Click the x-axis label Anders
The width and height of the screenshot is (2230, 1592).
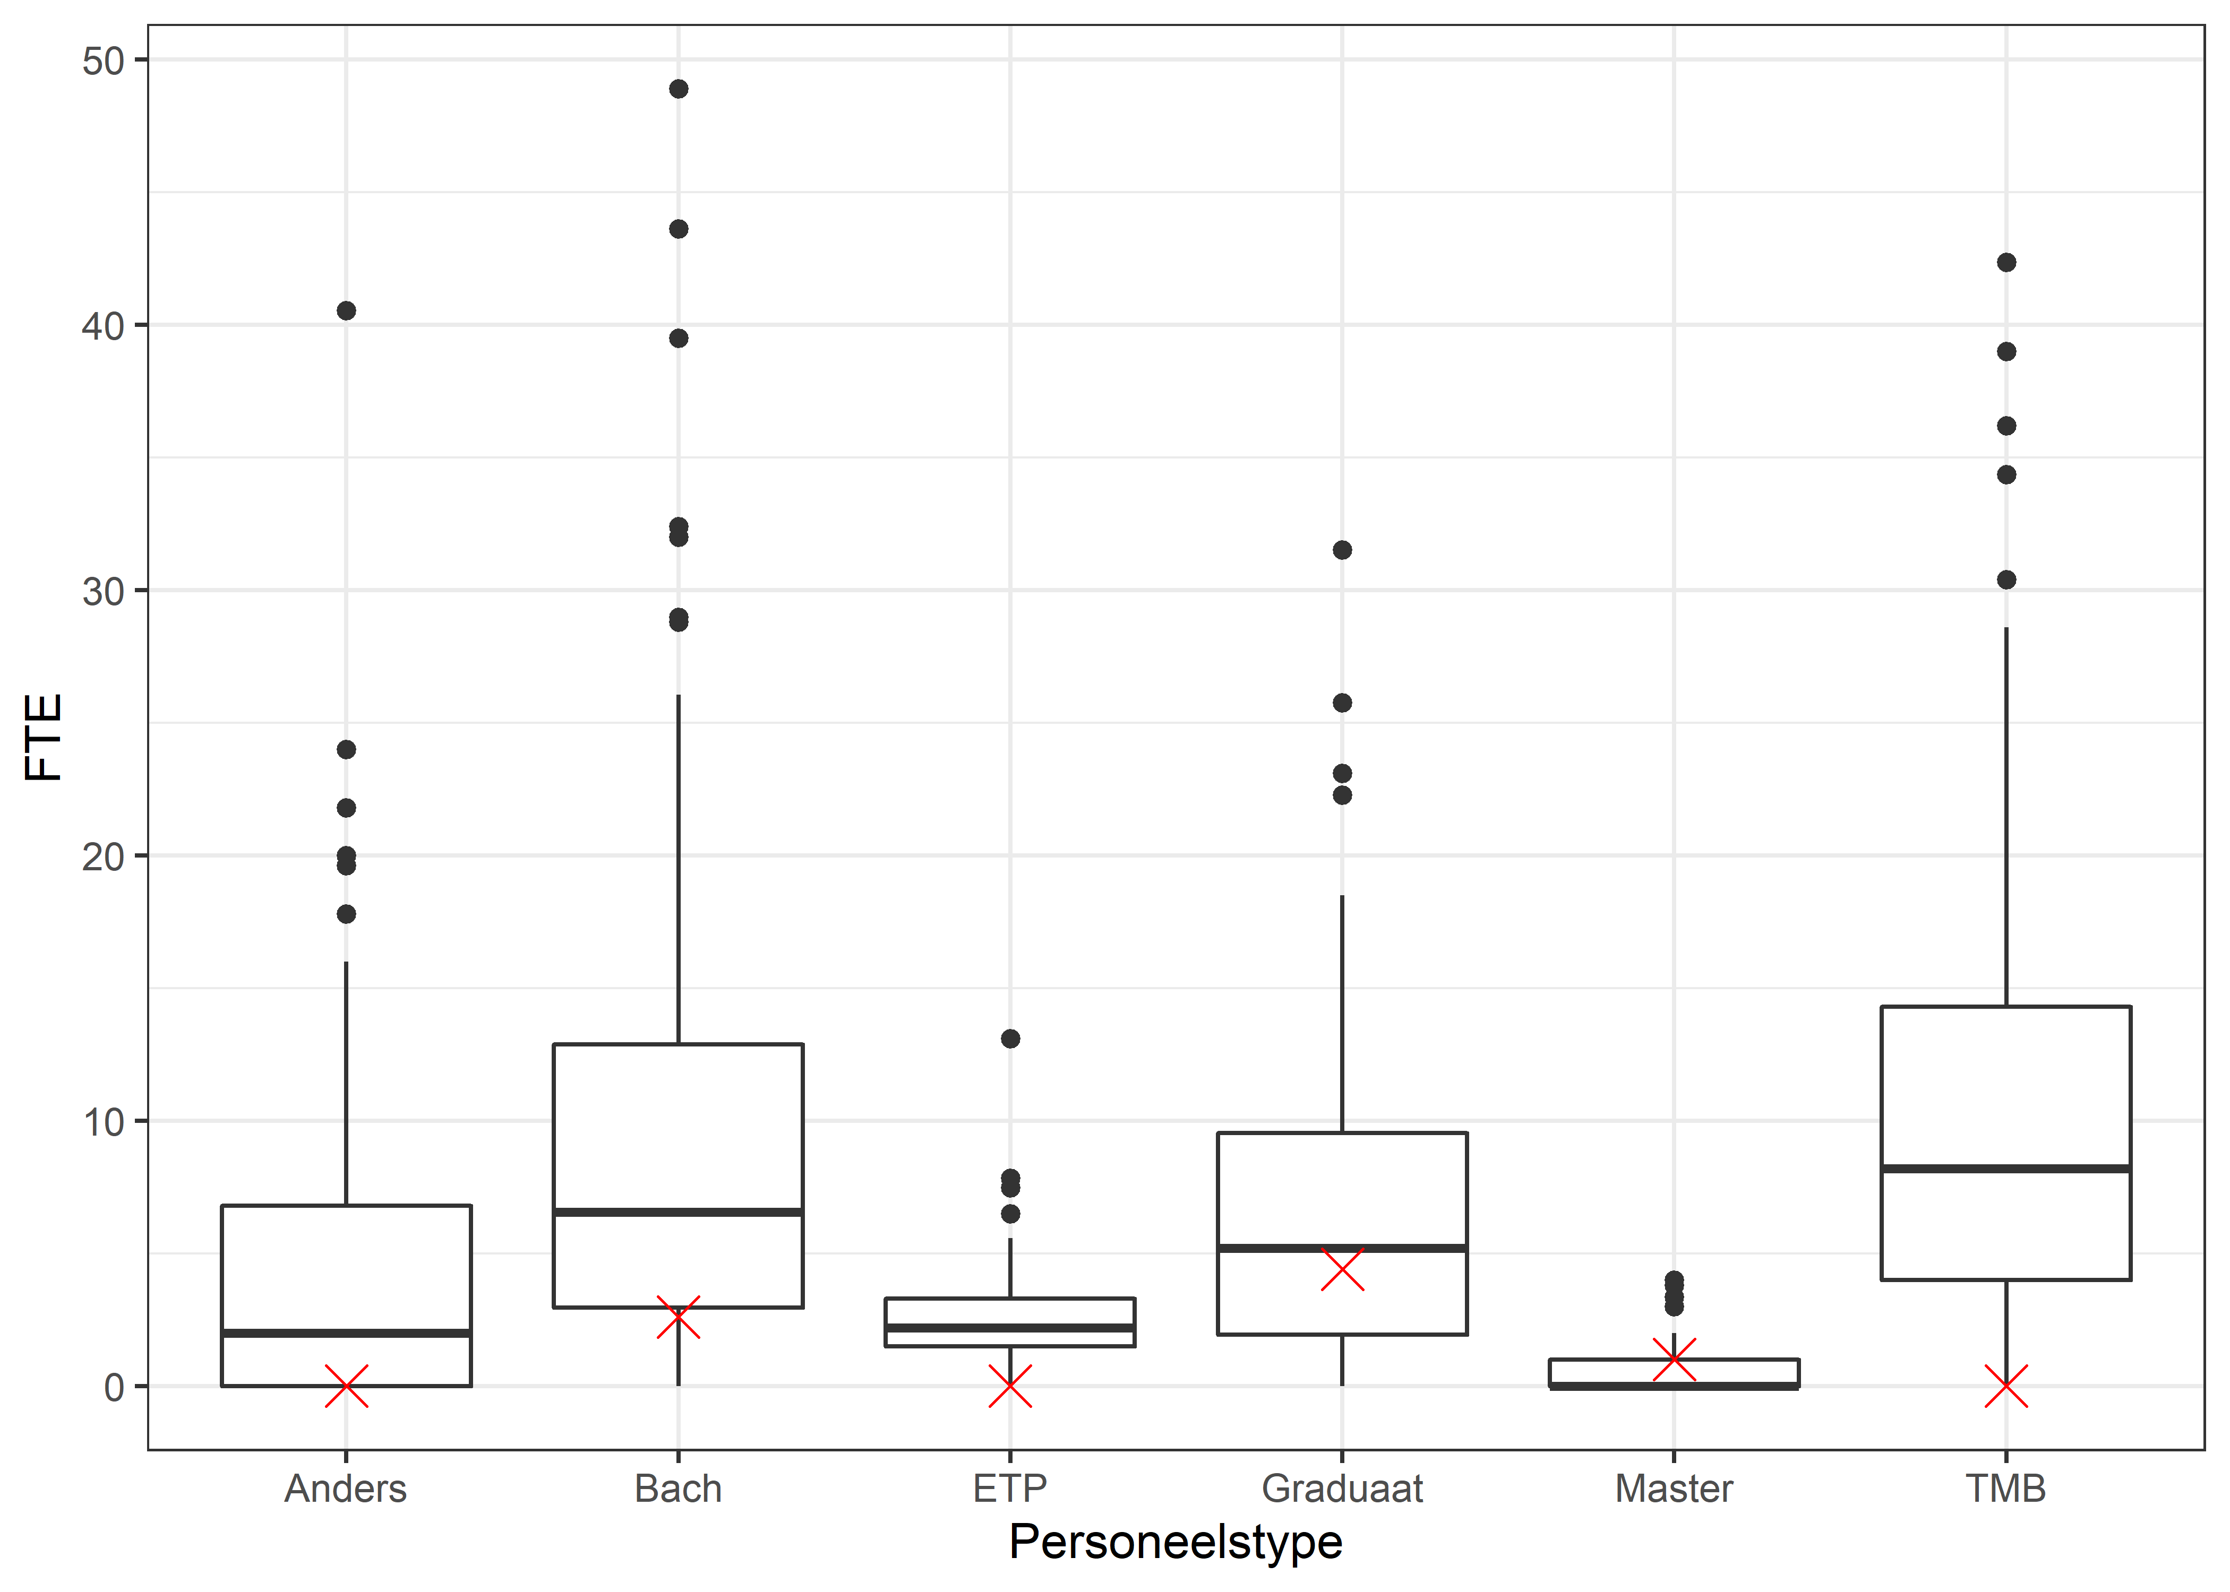[x=345, y=1489]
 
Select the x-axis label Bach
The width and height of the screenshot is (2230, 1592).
[x=677, y=1489]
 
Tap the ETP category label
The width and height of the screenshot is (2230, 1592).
[x=1009, y=1489]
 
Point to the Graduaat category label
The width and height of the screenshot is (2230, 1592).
[x=1342, y=1489]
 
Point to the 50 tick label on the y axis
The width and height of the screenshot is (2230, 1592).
[x=103, y=61]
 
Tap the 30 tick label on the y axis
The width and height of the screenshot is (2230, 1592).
[x=103, y=591]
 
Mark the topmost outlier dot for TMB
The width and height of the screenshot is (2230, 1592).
[x=2006, y=263]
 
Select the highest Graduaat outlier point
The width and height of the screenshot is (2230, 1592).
[x=1342, y=550]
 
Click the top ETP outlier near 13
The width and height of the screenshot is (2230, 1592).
[x=1010, y=1038]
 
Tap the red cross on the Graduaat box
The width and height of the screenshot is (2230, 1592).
[x=1342, y=1269]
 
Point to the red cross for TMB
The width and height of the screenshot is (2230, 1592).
[x=2006, y=1386]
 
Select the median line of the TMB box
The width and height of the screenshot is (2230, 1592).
[x=2006, y=1169]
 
